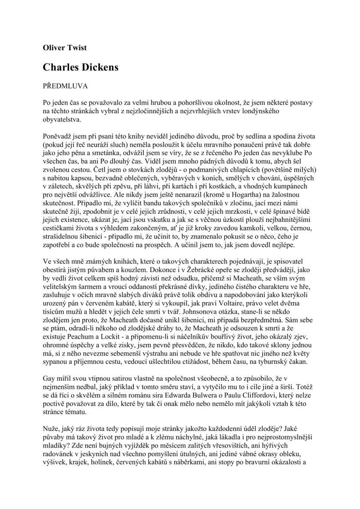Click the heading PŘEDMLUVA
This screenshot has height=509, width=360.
(x=66, y=86)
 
